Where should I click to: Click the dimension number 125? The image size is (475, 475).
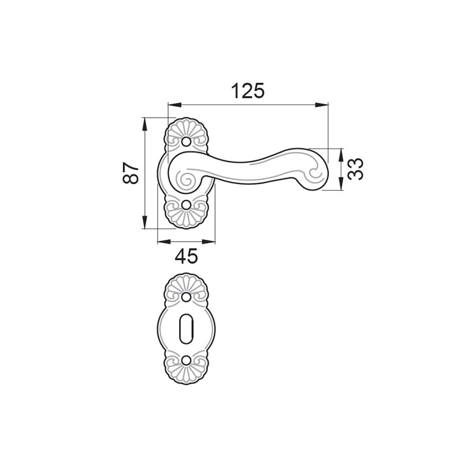(x=248, y=91)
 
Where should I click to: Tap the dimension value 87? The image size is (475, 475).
(x=131, y=173)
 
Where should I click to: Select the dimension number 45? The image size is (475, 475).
(x=186, y=256)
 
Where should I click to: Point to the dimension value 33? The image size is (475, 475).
(x=355, y=169)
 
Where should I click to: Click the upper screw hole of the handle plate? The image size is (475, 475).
(x=186, y=141)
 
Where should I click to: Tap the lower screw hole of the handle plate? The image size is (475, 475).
(x=186, y=205)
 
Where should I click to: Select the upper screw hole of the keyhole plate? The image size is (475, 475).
(x=186, y=297)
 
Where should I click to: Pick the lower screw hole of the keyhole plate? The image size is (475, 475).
(x=186, y=360)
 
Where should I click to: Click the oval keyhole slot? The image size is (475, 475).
(x=186, y=329)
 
